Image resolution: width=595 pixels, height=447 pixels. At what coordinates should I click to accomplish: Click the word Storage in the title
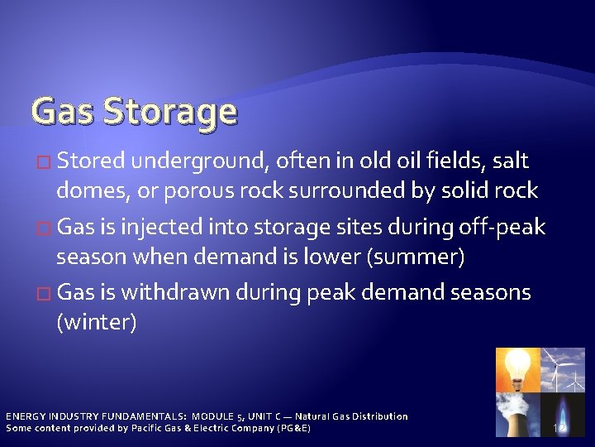[169, 111]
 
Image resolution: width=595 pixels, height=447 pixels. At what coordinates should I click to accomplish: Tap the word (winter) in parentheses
[96, 322]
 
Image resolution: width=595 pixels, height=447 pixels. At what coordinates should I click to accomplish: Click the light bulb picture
[517, 369]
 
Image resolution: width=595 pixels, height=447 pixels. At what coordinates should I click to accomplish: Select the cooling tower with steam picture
[517, 414]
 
